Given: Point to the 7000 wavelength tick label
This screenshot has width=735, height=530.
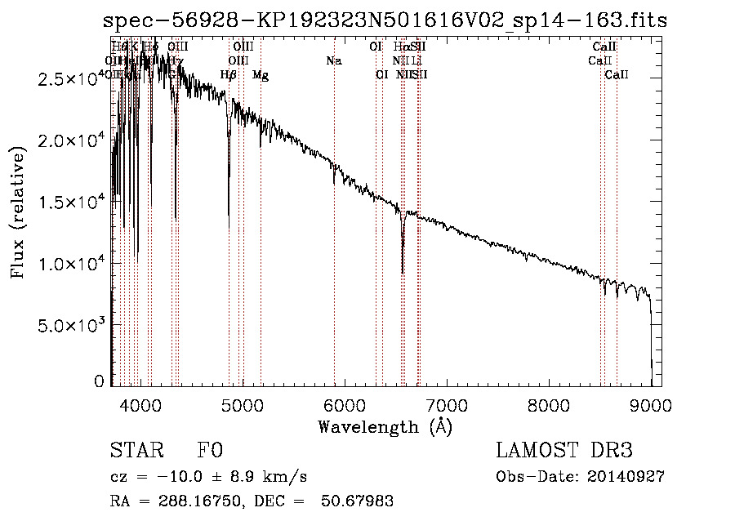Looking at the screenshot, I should (446, 404).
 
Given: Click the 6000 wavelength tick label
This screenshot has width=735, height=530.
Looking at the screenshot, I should (344, 404).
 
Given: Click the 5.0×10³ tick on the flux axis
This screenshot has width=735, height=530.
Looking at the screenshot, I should (74, 325).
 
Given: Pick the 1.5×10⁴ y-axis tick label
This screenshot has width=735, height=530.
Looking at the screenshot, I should (74, 202).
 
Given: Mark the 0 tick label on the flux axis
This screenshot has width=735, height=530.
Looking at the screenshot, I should (99, 381).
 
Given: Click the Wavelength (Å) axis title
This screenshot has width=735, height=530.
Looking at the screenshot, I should (385, 426).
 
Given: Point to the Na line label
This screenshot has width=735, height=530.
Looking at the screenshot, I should (333, 61).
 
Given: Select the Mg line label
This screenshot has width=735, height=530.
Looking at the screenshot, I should (261, 75).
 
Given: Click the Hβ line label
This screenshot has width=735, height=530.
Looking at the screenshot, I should (229, 75).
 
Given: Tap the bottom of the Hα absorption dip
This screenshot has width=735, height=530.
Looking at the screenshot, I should (403, 272).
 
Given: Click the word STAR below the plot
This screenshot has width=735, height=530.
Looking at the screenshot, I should (136, 451).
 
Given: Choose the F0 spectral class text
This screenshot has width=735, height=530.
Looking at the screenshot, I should (211, 451).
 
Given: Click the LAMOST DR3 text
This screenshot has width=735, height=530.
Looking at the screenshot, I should (563, 451).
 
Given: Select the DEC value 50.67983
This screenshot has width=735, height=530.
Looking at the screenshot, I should (359, 501).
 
